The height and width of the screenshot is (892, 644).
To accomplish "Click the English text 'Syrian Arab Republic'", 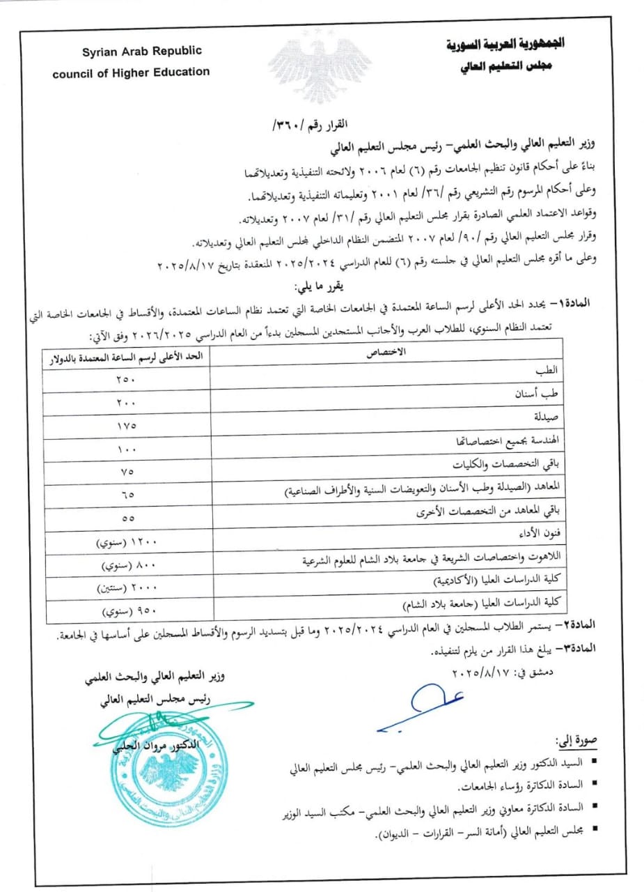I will (x=132, y=52).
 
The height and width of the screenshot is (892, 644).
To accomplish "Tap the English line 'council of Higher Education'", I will (x=131, y=71).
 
